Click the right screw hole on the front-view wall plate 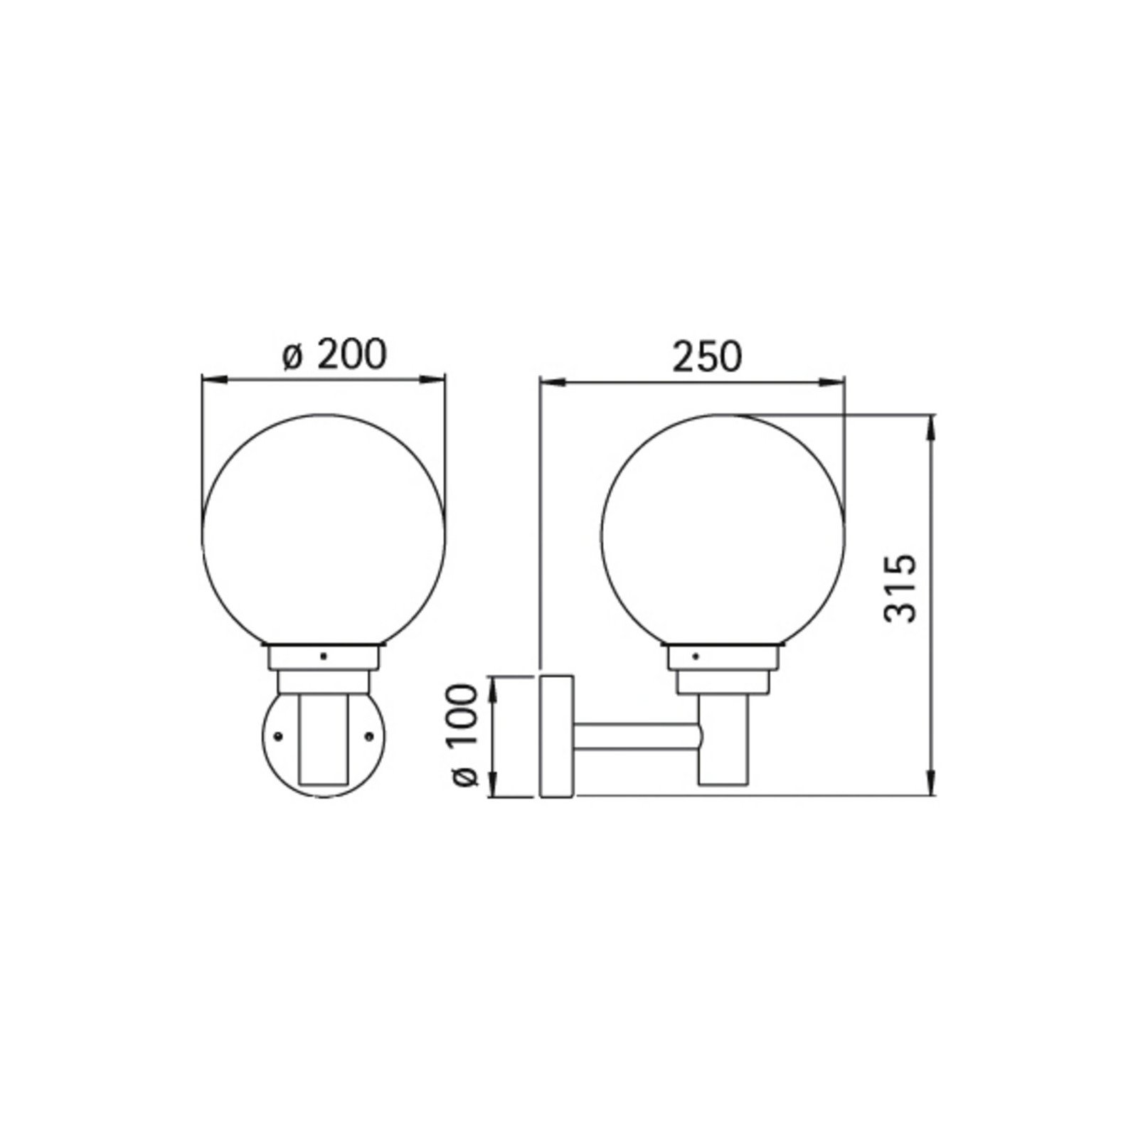(x=369, y=734)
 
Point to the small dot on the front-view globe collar (x=324, y=656)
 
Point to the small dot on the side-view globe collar (x=696, y=655)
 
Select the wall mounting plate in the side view (x=557, y=736)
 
